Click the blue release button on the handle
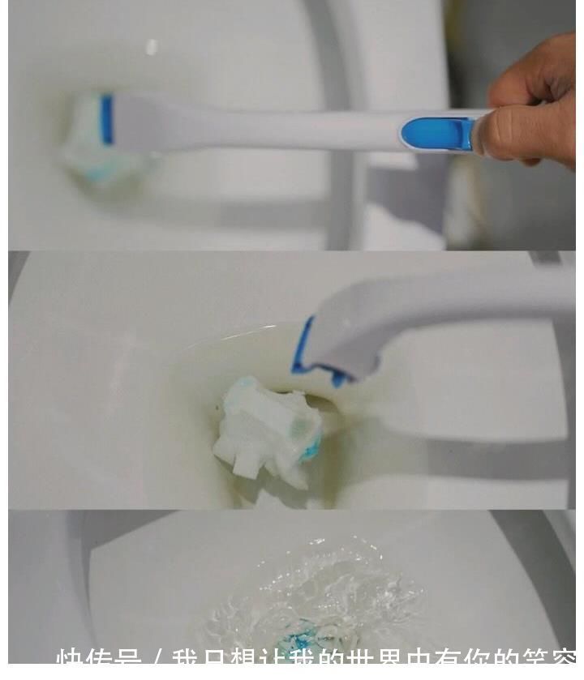click(x=438, y=132)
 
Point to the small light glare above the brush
click(x=152, y=48)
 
